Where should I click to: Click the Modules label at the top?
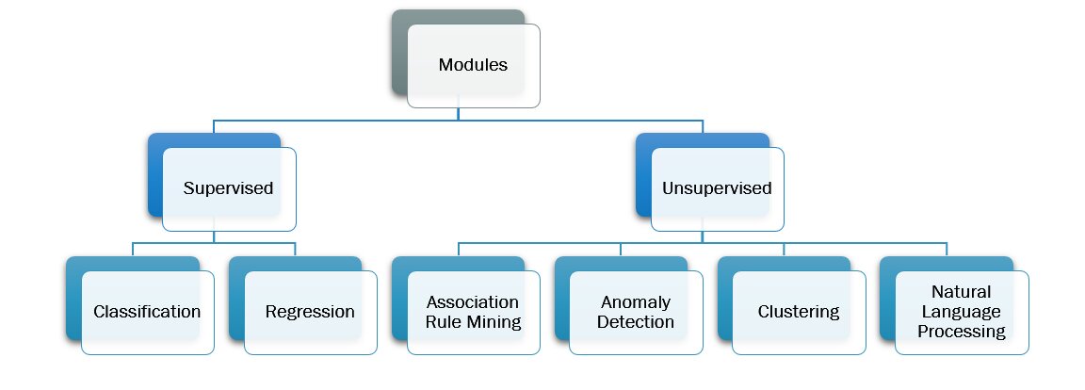473,65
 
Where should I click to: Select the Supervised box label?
228,188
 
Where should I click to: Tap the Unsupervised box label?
716,188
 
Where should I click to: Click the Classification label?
147,312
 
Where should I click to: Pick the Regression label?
310,312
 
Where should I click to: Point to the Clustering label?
798,312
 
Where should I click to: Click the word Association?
473,302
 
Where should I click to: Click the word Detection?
636,322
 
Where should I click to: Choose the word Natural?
962,292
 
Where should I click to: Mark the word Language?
962,312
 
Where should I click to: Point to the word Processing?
962,332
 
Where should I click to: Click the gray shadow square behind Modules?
399,57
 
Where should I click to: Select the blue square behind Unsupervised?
643,174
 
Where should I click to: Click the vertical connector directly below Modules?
459,113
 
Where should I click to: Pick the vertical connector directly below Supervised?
214,236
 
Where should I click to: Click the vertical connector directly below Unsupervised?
703,236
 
